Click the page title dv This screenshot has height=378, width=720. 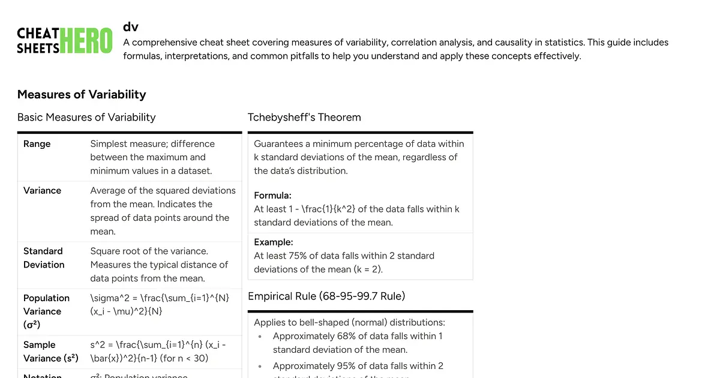131,26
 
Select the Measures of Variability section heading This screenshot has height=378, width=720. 82,94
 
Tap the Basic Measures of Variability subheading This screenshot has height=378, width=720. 86,117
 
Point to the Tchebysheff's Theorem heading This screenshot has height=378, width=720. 304,117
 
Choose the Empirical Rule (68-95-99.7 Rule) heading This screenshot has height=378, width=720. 326,296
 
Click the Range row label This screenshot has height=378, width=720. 37,144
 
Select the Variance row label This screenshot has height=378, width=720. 42,190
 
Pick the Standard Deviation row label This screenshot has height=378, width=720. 43,258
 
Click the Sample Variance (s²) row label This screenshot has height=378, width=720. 51,352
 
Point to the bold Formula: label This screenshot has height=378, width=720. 273,196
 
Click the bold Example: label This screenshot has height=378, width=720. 273,242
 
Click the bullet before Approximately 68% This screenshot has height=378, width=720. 260,337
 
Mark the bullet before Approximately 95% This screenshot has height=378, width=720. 260,366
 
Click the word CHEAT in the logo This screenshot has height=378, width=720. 38,34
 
